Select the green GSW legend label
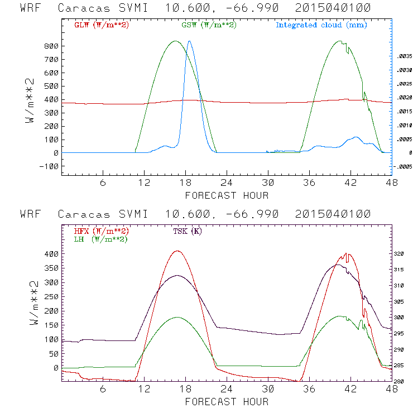207,25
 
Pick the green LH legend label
100,239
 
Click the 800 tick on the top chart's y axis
51,46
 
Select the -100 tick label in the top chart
49,166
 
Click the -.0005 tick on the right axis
403,166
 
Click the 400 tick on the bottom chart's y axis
51,254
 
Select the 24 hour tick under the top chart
227,183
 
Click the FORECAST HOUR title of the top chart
227,195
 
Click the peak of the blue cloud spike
189,41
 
